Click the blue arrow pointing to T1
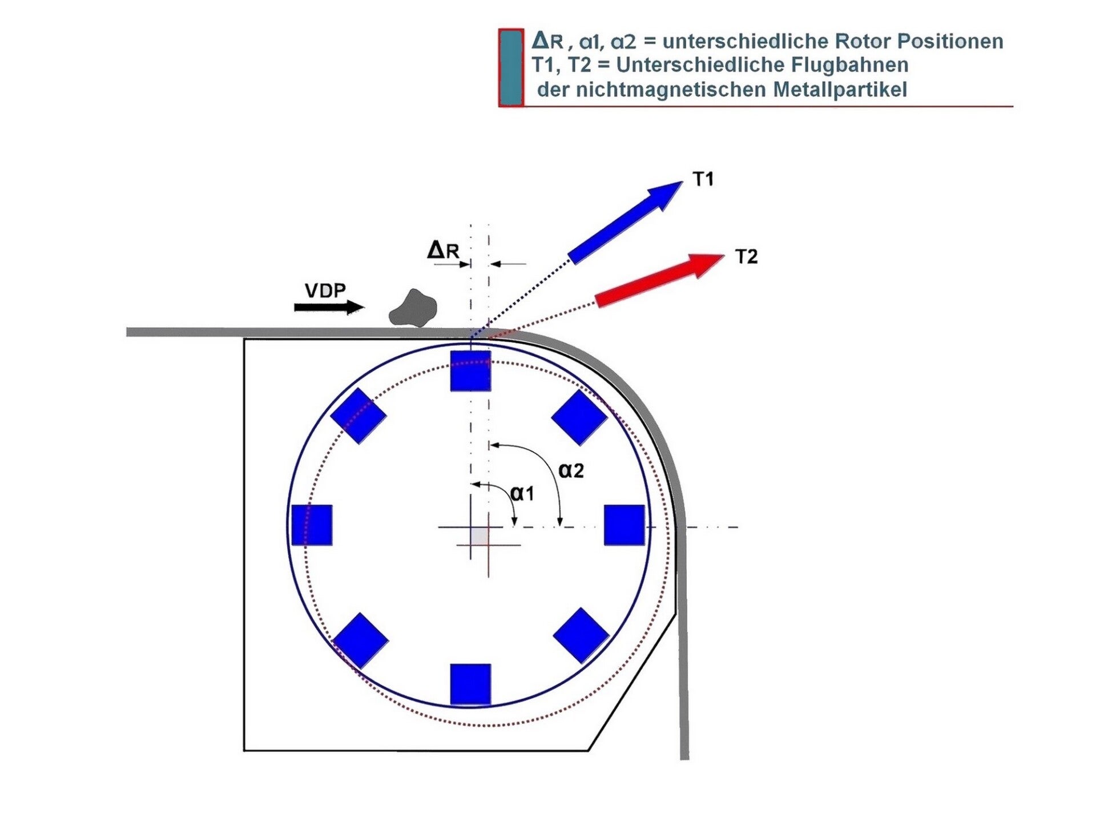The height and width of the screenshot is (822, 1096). [x=625, y=223]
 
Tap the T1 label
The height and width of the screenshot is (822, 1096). [x=703, y=179]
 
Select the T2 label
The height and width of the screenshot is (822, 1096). [x=746, y=257]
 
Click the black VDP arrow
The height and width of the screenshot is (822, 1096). [x=328, y=308]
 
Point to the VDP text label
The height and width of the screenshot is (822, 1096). [x=325, y=291]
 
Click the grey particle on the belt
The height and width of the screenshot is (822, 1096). [x=413, y=309]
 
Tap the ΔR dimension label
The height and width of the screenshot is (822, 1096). [x=443, y=250]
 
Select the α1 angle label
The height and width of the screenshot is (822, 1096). [x=522, y=493]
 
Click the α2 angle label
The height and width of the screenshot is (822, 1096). [x=571, y=470]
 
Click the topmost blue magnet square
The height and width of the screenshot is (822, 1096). [x=470, y=371]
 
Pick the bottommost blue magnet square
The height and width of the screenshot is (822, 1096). [x=470, y=684]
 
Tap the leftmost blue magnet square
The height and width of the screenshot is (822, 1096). [x=312, y=525]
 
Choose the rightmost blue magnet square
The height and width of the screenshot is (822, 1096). [x=624, y=525]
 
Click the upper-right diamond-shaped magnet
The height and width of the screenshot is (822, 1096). [x=579, y=417]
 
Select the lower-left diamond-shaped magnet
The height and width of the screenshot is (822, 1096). [x=361, y=640]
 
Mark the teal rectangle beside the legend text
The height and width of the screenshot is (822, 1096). [x=511, y=68]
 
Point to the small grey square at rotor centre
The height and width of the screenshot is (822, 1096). [x=479, y=536]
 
